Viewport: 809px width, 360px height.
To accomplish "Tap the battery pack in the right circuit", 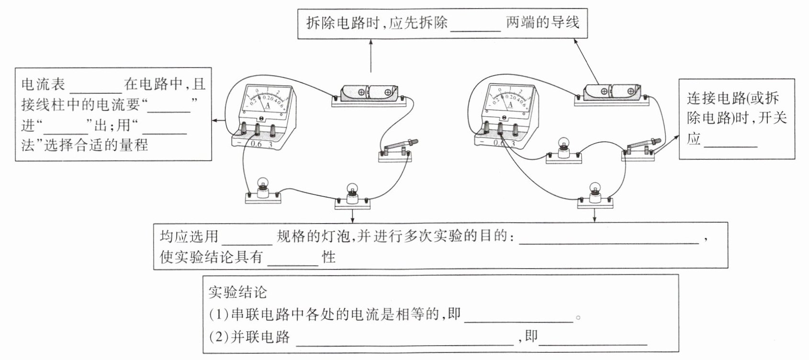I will pos(612,91).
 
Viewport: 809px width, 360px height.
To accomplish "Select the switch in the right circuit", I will pos(640,148).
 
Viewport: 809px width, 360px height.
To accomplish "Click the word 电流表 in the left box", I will pos(44,85).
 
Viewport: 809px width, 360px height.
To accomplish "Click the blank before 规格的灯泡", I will pos(247,238).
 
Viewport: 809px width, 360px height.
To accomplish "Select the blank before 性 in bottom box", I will pos(293,259).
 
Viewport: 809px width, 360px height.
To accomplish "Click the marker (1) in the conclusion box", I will pos(219,315).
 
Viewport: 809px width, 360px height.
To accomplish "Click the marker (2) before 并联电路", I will pos(219,337).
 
